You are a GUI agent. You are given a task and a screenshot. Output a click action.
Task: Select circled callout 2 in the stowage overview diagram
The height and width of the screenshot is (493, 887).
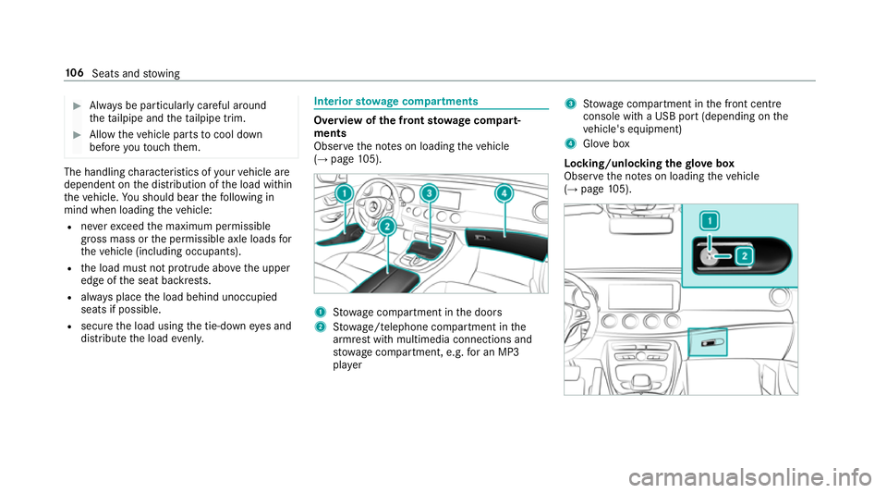pos(386,226)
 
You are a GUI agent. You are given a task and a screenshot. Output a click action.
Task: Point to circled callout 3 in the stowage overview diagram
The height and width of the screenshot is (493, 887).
pos(428,194)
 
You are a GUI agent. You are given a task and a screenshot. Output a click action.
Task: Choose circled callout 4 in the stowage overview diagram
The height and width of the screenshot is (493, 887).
pos(504,194)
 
